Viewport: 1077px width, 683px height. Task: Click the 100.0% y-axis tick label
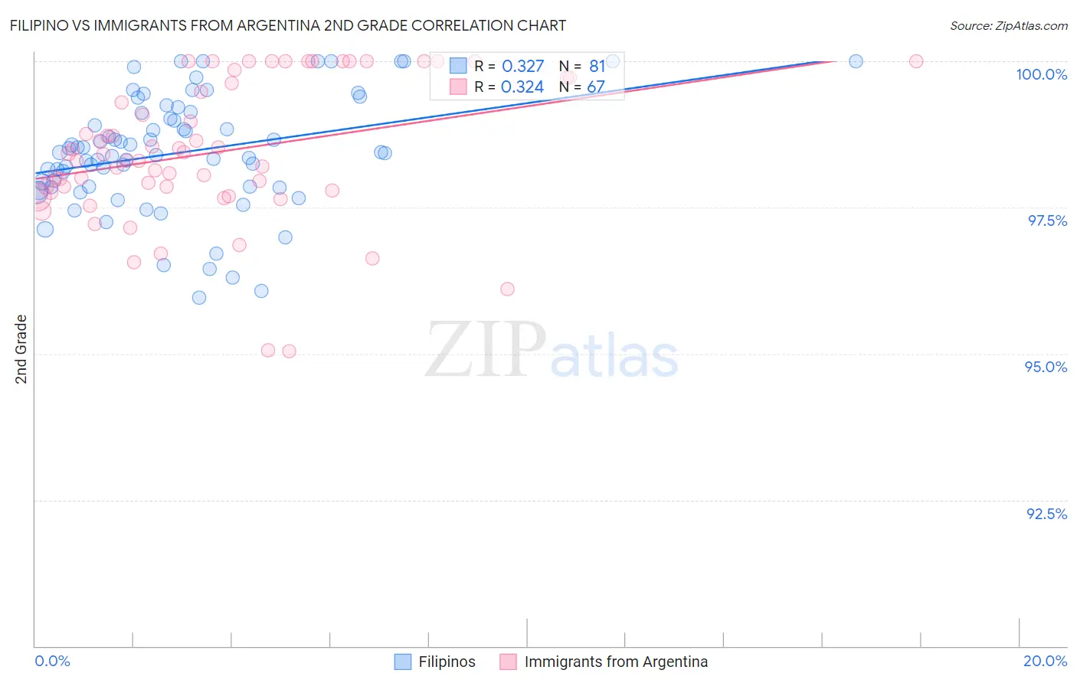coord(1041,74)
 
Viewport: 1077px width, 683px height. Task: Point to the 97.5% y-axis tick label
coord(1046,221)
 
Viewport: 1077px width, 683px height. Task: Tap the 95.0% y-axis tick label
coord(1046,367)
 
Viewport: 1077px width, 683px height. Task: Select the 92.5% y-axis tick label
coord(1046,514)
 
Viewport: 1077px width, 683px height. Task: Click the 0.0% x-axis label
coord(52,661)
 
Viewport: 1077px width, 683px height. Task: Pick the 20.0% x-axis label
coord(1045,661)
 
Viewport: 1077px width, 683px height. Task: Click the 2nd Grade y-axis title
coord(21,349)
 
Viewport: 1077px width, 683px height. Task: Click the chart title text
coord(288,25)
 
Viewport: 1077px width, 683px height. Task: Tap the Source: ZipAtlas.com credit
coord(1008,25)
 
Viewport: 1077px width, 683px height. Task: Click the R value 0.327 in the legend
coord(522,67)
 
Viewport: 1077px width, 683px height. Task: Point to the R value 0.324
coord(522,87)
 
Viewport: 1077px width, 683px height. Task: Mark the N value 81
coord(597,67)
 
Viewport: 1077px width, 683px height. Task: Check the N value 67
coord(596,87)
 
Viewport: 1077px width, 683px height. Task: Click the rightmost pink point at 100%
coord(915,61)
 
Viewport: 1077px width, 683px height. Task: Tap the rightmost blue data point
coord(856,61)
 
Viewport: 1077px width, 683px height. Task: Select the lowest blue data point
coord(199,298)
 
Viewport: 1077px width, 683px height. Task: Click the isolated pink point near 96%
coord(507,289)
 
